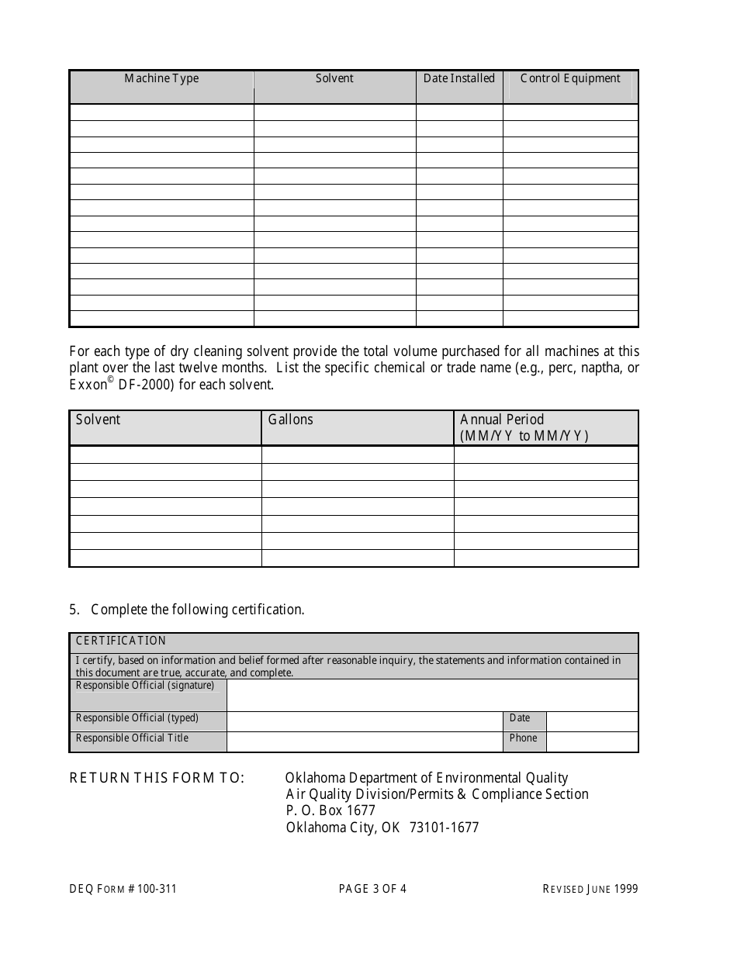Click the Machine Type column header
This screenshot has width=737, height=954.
[161, 78]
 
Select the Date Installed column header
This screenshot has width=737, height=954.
[459, 78]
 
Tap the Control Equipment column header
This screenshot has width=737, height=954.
[570, 78]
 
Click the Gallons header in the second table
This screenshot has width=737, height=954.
[291, 420]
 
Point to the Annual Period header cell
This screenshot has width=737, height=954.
[524, 427]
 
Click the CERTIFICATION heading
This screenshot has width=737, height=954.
[121, 641]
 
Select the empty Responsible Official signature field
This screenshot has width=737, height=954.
[432, 695]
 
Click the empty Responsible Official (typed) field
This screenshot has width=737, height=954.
[365, 721]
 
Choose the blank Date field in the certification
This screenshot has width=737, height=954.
[592, 721]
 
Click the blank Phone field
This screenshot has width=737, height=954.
[592, 741]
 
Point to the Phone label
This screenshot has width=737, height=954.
[523, 738]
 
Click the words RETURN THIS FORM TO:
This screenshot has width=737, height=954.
[157, 778]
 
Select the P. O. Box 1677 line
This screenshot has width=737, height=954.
[330, 811]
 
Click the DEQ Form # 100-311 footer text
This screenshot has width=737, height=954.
[123, 889]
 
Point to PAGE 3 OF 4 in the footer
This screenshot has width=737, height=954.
[372, 889]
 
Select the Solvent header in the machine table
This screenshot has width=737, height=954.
[334, 78]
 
